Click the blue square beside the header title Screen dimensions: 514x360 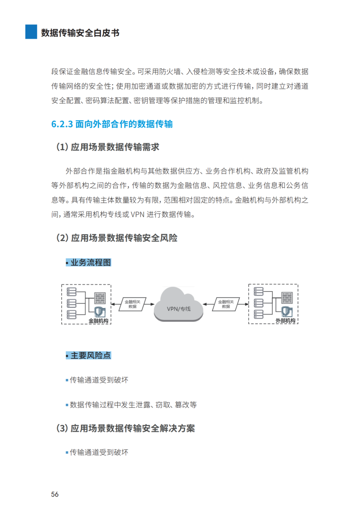pos(31,32)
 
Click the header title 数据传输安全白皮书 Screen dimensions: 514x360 pos(80,33)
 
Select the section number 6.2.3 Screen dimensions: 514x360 pos(62,124)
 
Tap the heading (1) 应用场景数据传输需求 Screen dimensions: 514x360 pos(108,147)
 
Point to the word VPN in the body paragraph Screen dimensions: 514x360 pos(137,214)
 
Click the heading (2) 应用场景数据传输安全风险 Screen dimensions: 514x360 pos(117,238)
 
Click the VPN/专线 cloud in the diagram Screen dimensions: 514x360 pos(179,305)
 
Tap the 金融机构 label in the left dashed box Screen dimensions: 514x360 pos(98,321)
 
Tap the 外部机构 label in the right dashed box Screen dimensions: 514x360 pos(285,321)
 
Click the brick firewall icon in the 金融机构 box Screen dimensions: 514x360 pos(100,298)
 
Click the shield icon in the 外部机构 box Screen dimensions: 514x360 pos(287,311)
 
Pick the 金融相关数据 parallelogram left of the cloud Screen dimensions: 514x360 pos(132,304)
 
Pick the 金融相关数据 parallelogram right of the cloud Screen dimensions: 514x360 pos(226,304)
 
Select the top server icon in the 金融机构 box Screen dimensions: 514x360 pos(72,292)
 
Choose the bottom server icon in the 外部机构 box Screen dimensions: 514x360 pos(259,314)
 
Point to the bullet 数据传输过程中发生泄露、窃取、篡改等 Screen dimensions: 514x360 pos(133,405)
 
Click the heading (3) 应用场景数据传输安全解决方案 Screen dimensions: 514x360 pos(126,428)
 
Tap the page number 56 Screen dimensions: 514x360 pos(55,494)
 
